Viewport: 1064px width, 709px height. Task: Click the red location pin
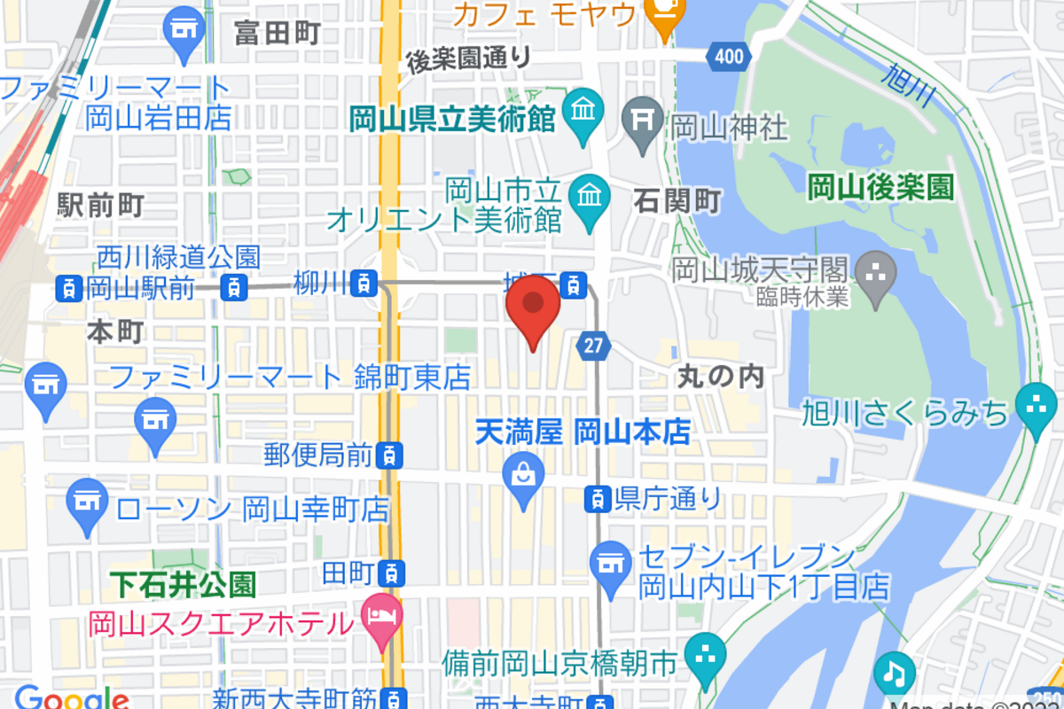533,306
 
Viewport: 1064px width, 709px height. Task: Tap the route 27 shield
592,346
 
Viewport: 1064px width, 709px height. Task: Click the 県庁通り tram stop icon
598,499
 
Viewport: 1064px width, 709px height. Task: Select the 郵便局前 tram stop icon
389,456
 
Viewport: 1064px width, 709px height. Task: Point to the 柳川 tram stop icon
364,284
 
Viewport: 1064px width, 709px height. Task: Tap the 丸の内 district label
720,377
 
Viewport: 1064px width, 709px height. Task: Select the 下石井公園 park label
184,584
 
